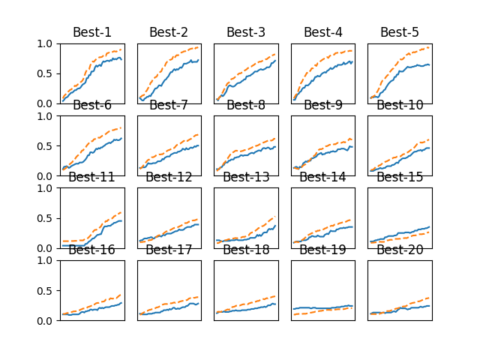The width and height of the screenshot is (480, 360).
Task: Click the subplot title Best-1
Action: (x=91, y=32)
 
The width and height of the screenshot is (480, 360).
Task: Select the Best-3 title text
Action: (x=246, y=32)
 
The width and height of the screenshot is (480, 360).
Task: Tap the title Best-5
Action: (x=400, y=32)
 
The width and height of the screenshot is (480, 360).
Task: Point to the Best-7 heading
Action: (x=169, y=105)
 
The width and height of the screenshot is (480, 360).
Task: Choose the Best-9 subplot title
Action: (x=322, y=105)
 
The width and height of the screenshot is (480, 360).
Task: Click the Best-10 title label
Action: (x=400, y=105)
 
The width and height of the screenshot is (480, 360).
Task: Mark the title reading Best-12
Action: (x=169, y=177)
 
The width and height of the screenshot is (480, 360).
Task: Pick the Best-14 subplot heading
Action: (x=322, y=177)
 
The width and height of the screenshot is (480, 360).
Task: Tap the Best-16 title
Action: (x=91, y=250)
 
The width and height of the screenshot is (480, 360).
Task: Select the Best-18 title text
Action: (x=246, y=250)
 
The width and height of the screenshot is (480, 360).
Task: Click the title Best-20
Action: (x=400, y=250)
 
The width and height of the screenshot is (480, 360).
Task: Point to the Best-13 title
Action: (x=246, y=177)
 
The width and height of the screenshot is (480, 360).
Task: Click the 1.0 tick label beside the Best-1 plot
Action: (x=46, y=43)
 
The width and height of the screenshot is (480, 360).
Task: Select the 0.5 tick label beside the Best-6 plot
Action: (x=46, y=145)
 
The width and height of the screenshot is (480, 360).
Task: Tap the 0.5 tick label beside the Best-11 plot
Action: (x=46, y=218)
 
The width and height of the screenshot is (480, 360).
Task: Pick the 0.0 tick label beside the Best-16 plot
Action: (x=46, y=320)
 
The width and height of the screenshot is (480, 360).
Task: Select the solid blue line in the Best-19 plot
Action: (x=322, y=307)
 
